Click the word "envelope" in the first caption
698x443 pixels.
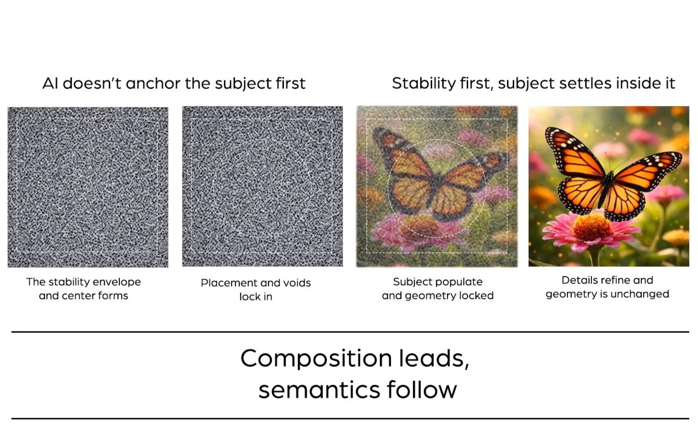point(117,282)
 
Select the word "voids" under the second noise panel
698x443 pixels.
point(297,283)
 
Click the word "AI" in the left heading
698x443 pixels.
point(50,83)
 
